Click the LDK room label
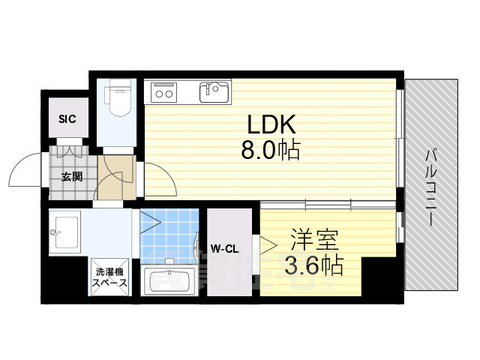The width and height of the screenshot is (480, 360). [271, 124]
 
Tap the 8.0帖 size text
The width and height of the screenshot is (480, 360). [270, 150]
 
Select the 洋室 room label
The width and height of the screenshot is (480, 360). [314, 240]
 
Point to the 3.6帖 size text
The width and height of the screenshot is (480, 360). [313, 265]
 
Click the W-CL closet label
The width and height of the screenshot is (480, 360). [224, 249]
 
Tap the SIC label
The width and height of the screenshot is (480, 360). [67, 118]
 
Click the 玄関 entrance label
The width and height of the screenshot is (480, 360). [72, 177]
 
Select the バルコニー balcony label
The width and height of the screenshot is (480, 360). [430, 187]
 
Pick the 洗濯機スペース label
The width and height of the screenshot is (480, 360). [109, 277]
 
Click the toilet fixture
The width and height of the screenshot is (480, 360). [118, 97]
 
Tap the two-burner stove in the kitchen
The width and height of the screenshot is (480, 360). [164, 92]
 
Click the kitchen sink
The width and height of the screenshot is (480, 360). [214, 91]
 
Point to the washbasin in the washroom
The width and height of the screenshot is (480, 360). [65, 232]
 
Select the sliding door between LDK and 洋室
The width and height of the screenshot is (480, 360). [328, 205]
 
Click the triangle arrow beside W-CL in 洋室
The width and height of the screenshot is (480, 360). [268, 245]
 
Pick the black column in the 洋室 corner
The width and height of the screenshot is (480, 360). [379, 277]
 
